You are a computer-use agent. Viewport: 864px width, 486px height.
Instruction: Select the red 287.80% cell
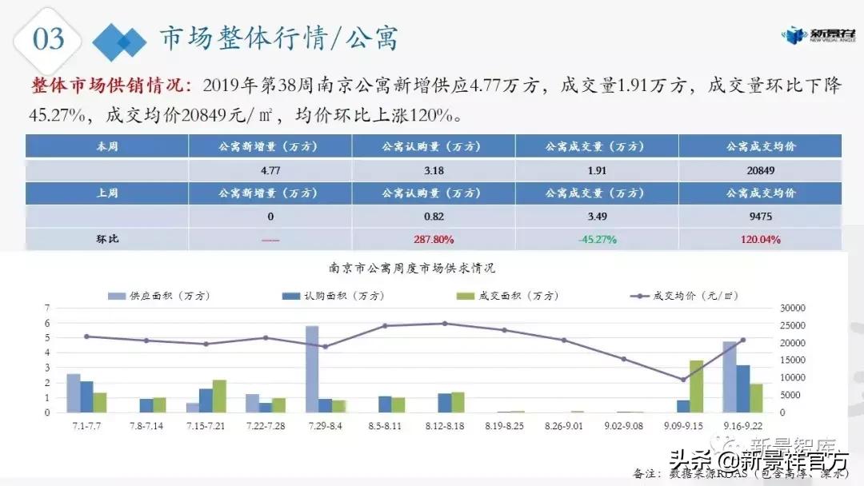434,239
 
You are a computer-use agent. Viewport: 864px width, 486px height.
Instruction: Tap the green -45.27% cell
598,239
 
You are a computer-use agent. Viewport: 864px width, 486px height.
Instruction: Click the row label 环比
107,239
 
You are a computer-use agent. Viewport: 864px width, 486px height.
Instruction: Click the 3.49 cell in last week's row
598,217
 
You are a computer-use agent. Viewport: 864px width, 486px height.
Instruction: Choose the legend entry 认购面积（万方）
336,296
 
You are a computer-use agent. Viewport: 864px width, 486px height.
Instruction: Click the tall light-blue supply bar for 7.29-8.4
312,368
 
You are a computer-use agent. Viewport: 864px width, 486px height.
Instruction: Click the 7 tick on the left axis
49,308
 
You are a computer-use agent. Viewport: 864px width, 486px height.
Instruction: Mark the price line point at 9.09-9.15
683,380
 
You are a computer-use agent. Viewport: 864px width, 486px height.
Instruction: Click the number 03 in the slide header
49,39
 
